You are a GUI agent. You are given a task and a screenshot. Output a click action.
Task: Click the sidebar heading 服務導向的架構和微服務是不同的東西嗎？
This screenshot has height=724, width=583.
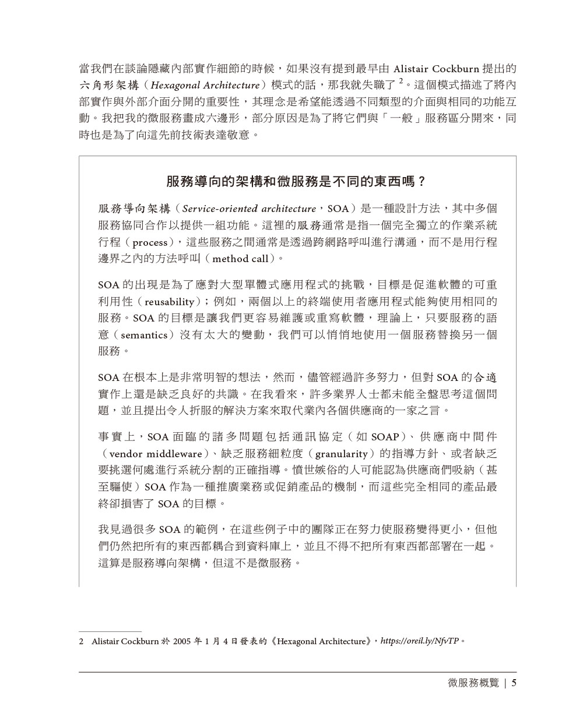[297, 181]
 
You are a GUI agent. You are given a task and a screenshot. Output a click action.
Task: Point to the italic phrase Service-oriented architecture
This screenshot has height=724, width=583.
[249, 209]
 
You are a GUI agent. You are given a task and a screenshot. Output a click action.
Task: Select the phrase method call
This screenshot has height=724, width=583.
[240, 258]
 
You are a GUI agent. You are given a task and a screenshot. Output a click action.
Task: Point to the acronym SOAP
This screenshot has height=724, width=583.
[385, 437]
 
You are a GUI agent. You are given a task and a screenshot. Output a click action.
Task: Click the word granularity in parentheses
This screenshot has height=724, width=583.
[342, 454]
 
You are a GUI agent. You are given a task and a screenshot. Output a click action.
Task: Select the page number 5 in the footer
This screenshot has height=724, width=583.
[514, 683]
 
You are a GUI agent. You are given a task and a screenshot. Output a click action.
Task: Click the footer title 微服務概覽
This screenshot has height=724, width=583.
[469, 683]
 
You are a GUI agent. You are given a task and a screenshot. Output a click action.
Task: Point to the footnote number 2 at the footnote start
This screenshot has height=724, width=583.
[81, 641]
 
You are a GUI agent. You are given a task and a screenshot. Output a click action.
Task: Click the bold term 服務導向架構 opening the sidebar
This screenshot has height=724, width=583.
[134, 209]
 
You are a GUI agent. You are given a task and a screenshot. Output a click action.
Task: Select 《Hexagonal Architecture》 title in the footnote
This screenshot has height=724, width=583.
[319, 641]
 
